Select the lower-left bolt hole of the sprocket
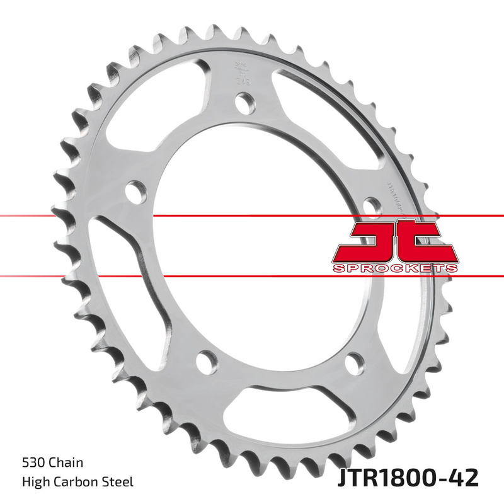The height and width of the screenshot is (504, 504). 205,360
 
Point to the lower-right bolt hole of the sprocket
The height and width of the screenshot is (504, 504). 355,363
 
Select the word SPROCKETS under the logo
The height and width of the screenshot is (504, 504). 394,268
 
